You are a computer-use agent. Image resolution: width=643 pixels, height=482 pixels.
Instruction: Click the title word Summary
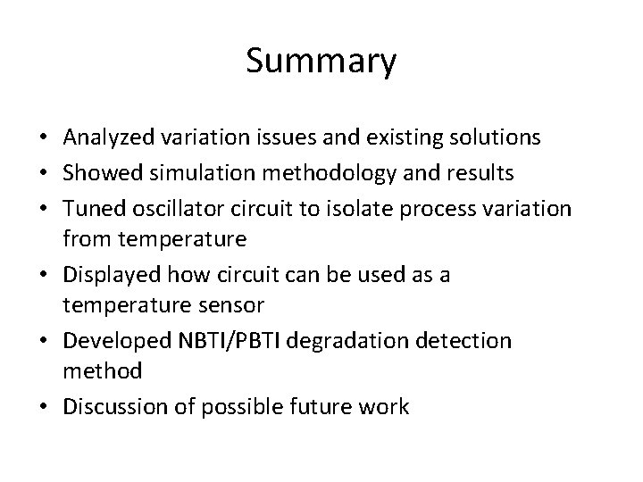pyautogui.click(x=321, y=62)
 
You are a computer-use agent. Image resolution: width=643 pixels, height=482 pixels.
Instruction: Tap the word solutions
pyautogui.click(x=496, y=137)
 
